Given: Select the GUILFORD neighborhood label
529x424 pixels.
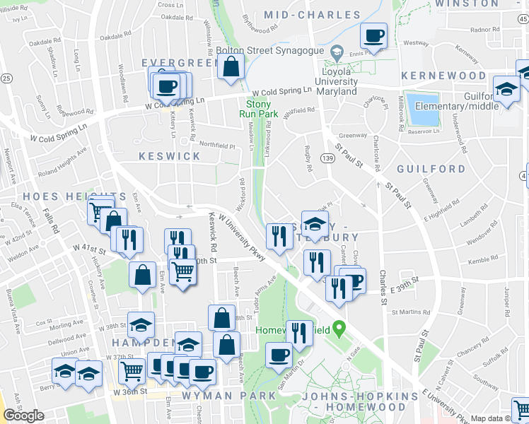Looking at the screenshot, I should [431, 170].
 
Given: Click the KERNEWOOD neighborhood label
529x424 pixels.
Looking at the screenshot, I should [443, 76].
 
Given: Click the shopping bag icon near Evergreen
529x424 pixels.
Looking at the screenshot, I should [231, 67].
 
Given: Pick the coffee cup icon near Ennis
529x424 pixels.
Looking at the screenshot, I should [373, 35].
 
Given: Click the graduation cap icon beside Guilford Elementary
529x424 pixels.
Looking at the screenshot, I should [506, 88].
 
